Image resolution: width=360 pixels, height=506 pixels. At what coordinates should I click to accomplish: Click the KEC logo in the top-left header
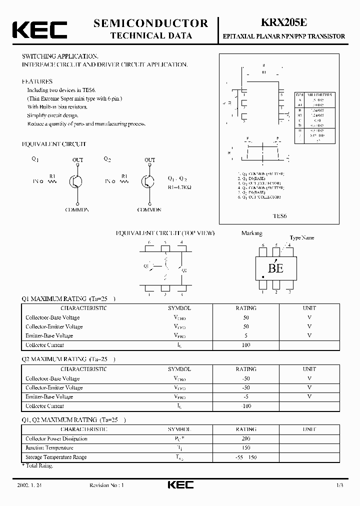click(x=39, y=29)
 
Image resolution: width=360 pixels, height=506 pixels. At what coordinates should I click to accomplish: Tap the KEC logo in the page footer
click(x=180, y=485)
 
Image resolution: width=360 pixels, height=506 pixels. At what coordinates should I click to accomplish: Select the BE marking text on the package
click(x=275, y=268)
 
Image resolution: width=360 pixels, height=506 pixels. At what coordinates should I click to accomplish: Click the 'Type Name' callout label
click(x=302, y=238)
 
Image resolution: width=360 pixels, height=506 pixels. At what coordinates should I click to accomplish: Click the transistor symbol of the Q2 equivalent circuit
click(x=148, y=182)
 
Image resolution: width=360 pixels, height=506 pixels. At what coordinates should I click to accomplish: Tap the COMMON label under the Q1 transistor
click(x=77, y=210)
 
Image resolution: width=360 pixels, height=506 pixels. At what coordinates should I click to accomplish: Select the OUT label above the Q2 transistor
click(x=149, y=160)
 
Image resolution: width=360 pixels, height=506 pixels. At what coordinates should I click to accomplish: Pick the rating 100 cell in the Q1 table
click(x=245, y=345)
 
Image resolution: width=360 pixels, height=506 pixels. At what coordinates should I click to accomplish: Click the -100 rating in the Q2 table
click(x=245, y=406)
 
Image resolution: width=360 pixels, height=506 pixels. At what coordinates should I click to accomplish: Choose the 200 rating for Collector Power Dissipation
click(x=245, y=438)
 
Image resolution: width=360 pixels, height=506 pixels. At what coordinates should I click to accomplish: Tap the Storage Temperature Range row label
click(x=56, y=457)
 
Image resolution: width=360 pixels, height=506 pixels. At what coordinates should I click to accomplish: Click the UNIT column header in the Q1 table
click(x=309, y=308)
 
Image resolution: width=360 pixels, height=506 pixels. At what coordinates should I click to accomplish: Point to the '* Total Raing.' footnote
click(x=37, y=465)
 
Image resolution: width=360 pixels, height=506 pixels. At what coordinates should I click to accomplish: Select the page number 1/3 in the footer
click(x=340, y=485)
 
